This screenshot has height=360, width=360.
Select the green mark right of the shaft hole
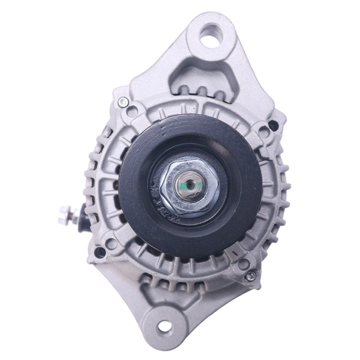click(198, 184)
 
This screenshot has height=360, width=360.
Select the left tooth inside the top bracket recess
click(186, 90)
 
